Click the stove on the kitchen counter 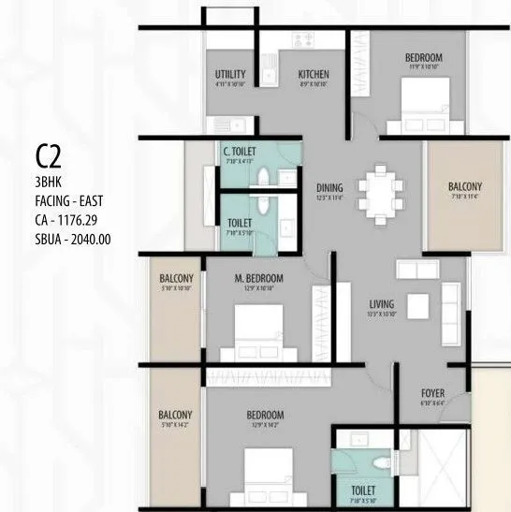305,40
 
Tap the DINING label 328,185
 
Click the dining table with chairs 379,196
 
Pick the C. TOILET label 240,152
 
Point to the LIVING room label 381,304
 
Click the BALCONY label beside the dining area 464,186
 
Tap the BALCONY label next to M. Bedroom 176,279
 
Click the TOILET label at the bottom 363,490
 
